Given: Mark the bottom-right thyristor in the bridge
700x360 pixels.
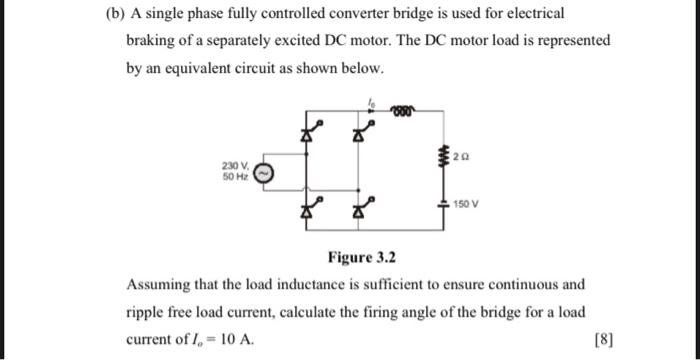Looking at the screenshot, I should click(366, 210).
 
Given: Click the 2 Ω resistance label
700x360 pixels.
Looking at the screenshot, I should click(458, 157).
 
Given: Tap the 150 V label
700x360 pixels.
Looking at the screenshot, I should click(465, 204).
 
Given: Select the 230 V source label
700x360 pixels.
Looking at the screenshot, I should click(236, 165).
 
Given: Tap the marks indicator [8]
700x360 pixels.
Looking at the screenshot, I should click(602, 339).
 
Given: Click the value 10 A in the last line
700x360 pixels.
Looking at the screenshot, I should click(237, 340).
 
